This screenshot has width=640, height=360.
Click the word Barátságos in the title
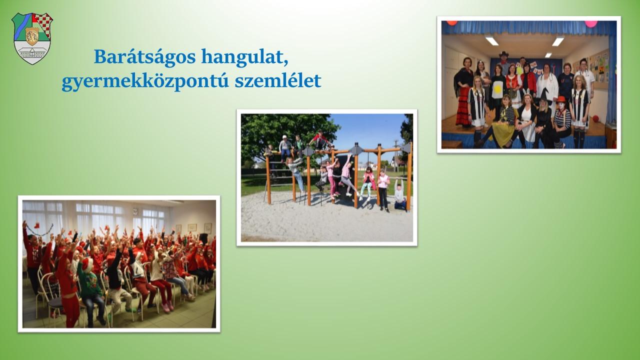point(145,56)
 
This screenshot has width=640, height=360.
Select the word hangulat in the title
point(244,57)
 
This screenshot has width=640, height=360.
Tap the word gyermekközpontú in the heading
point(145,81)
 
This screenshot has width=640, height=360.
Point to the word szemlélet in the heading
point(278,80)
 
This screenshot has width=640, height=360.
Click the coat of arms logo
point(32,38)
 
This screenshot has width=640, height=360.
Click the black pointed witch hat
point(545,94)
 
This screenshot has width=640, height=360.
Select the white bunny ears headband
point(526,92)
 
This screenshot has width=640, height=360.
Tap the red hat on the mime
point(560,99)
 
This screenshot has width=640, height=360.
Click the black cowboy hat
point(503,54)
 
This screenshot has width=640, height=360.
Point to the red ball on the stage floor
point(595,118)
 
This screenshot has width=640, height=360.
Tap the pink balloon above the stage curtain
point(591,23)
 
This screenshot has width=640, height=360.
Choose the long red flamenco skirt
point(463,106)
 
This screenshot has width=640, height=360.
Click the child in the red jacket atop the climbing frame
point(320,140)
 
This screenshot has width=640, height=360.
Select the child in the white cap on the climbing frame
point(285,147)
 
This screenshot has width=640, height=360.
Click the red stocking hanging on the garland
point(37,225)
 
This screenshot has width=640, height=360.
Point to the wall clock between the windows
point(135,211)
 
